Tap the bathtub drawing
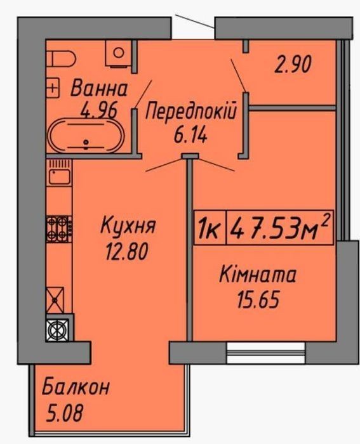click(86, 135)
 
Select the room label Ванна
click(99, 88)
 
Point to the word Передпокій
click(190, 111)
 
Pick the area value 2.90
click(293, 64)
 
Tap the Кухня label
click(128, 225)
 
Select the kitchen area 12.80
click(127, 251)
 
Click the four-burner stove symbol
click(59, 229)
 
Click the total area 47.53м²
click(279, 227)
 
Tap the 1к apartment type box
click(210, 228)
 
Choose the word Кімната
click(257, 275)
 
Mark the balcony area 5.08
click(64, 412)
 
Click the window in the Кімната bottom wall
click(266, 353)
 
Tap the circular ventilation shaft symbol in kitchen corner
click(57, 330)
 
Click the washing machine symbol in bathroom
click(119, 53)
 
